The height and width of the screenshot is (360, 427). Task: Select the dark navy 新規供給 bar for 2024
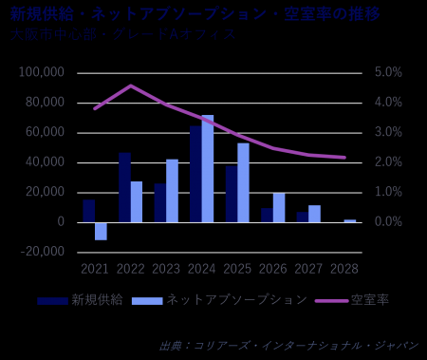tap(195, 174)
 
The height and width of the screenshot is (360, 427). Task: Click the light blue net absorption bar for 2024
tap(207, 168)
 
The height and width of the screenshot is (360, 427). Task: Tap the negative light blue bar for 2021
tap(101, 231)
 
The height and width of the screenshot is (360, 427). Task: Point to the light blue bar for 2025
tap(243, 182)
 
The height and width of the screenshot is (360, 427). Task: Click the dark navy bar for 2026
tap(267, 216)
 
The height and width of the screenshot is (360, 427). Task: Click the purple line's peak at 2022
tap(131, 85)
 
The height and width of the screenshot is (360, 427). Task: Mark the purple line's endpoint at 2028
tap(344, 158)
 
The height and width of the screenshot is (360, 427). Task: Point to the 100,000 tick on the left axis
tap(42, 72)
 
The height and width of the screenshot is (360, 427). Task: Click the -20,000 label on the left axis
tap(42, 252)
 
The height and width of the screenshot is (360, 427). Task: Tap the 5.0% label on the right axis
tap(389, 72)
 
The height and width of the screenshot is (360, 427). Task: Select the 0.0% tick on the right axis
tap(389, 221)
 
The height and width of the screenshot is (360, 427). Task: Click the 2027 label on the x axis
tap(308, 270)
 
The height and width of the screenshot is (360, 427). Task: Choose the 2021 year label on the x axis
tap(95, 270)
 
